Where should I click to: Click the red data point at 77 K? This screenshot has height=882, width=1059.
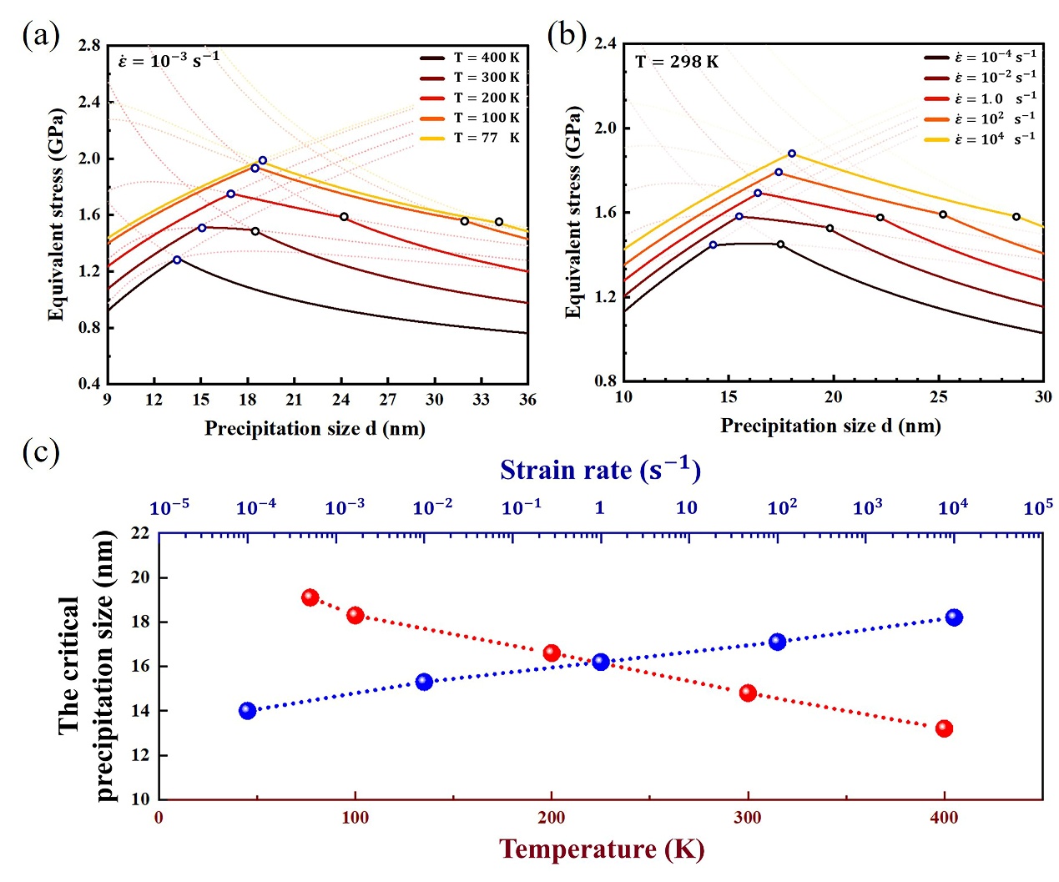pyautogui.click(x=310, y=597)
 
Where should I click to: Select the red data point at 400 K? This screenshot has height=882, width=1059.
pyautogui.click(x=944, y=728)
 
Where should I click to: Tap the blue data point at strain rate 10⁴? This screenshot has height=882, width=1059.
pyautogui.click(x=954, y=617)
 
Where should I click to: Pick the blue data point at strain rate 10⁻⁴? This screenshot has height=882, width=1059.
pyautogui.click(x=248, y=711)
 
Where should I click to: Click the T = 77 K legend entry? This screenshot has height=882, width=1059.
pyautogui.click(x=470, y=138)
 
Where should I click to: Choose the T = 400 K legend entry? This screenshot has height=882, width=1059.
pyautogui.click(x=470, y=58)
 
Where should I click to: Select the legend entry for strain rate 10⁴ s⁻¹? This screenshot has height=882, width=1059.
pyautogui.click(x=980, y=139)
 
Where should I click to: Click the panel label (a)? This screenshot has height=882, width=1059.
pyautogui.click(x=41, y=36)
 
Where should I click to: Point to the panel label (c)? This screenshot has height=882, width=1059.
pyautogui.click(x=41, y=451)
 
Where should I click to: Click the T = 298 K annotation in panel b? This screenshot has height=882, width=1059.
pyautogui.click(x=677, y=62)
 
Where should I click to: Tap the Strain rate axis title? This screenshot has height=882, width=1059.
pyautogui.click(x=601, y=469)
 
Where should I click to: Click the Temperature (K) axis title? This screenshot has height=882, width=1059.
pyautogui.click(x=602, y=849)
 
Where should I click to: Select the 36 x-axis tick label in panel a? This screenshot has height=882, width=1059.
pyautogui.click(x=527, y=400)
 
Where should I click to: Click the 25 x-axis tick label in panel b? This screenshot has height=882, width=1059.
pyautogui.click(x=939, y=396)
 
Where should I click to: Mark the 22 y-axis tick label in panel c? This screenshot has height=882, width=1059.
pyautogui.click(x=139, y=533)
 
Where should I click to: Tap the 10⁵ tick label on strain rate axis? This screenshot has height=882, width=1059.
pyautogui.click(x=1037, y=507)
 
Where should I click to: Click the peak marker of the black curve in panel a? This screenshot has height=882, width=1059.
pyautogui.click(x=177, y=260)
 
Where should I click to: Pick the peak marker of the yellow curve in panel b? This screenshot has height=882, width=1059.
pyautogui.click(x=792, y=154)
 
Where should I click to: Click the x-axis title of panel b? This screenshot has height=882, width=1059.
pyautogui.click(x=831, y=425)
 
